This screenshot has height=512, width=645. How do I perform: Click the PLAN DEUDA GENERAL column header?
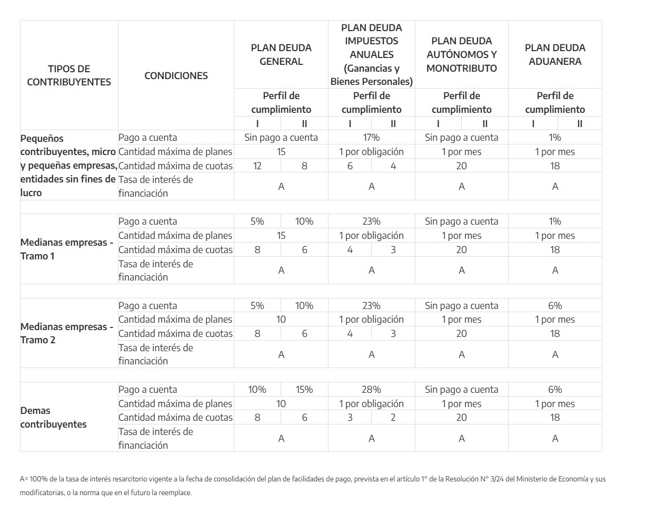point(281,54)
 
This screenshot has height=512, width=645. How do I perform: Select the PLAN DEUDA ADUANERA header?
point(555,54)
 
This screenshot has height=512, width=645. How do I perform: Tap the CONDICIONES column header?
point(176,75)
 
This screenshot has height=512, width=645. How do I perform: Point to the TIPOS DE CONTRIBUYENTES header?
point(69,75)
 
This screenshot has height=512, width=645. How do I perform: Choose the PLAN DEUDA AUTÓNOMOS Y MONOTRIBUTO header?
point(461,54)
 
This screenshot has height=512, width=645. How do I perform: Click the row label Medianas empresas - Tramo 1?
point(67,249)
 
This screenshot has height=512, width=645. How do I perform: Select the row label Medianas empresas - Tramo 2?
point(67,333)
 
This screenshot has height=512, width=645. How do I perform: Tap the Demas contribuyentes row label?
point(53,417)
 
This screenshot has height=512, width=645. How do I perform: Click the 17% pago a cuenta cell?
point(371,138)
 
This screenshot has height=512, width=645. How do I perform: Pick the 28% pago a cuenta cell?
point(371,390)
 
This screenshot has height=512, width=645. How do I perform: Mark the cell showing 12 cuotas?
point(257,166)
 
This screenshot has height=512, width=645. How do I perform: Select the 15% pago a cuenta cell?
point(304,390)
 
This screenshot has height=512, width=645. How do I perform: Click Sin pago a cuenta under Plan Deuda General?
point(281,138)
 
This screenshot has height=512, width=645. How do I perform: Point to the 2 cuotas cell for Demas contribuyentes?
point(393,418)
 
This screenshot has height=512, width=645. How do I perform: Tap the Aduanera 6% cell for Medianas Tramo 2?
point(555,306)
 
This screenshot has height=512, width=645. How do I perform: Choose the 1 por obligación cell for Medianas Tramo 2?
point(371,320)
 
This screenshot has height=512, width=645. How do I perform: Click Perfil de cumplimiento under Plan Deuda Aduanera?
point(555,102)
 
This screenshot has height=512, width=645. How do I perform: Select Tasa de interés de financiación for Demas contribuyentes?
point(156,438)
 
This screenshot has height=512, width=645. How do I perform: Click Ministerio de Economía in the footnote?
point(553,479)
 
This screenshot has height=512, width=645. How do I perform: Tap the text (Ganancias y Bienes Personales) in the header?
point(371,75)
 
